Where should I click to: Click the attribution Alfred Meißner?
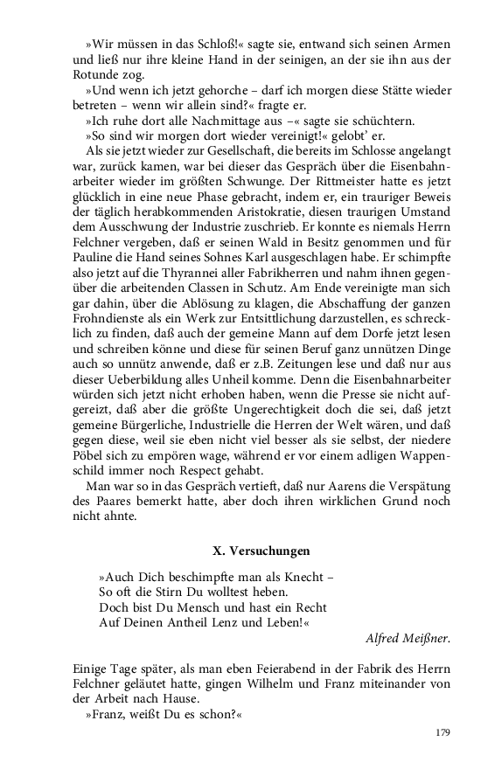coord(408,637)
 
